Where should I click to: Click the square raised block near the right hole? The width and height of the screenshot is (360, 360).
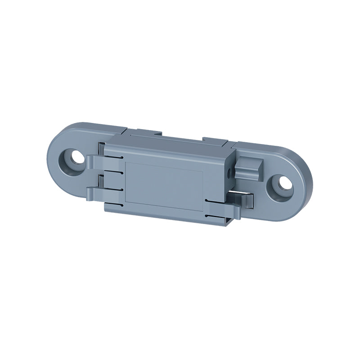click(x=249, y=167)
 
